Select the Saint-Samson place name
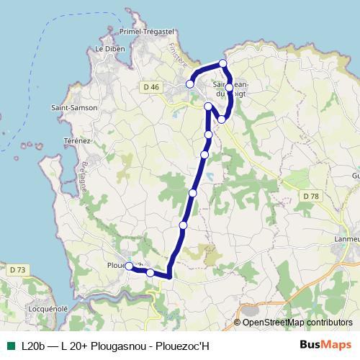[x=74, y=107]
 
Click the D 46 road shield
[x=150, y=87]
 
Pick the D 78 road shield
[x=310, y=196]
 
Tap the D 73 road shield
[x=18, y=270]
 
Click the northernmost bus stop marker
[x=223, y=63]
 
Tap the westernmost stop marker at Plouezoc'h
[x=129, y=266]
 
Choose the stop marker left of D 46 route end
[x=190, y=84]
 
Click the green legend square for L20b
[x=10, y=345]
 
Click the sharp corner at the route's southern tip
[x=169, y=276]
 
